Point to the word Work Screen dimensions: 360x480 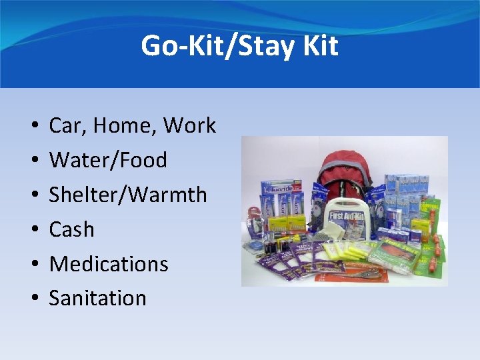coord(189,125)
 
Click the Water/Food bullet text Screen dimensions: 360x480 coord(108,160)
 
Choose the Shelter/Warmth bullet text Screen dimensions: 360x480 coord(128,195)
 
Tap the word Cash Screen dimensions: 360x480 coord(71,229)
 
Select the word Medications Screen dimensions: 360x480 coord(109,264)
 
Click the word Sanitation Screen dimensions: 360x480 coord(97,298)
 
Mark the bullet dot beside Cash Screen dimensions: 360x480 coord(33,230)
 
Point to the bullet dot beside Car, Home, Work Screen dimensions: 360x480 coord(33,126)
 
